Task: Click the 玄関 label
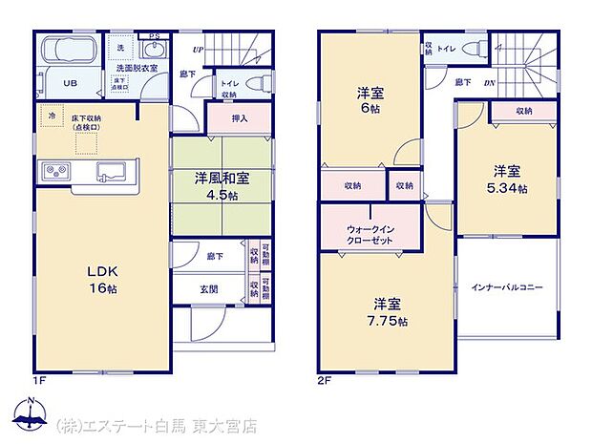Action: pos(209,287)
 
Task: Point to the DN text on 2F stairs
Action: pos(490,83)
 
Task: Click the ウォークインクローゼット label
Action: pos(369,234)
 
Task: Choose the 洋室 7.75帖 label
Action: pos(389,312)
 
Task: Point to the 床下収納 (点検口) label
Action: pos(87,122)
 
